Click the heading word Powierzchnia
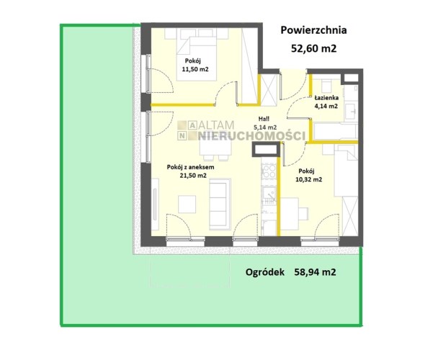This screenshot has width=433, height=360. [313, 30]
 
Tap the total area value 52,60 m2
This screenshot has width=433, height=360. [314, 49]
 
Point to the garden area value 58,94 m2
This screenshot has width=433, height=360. [315, 272]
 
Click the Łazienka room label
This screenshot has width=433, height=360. [326, 97]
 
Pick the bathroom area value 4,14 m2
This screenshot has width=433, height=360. [326, 106]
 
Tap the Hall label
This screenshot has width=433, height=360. [264, 119]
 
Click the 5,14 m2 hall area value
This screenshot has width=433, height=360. [265, 127]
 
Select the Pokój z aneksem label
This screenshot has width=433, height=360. [190, 167]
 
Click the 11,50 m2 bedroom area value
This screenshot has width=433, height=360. [195, 69]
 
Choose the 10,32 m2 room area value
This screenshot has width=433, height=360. [309, 179]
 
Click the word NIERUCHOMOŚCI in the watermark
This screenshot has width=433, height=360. [252, 136]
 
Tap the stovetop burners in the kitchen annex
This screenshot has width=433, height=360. [269, 171]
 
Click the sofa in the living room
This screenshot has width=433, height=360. [220, 204]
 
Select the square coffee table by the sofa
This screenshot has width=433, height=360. [187, 204]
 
